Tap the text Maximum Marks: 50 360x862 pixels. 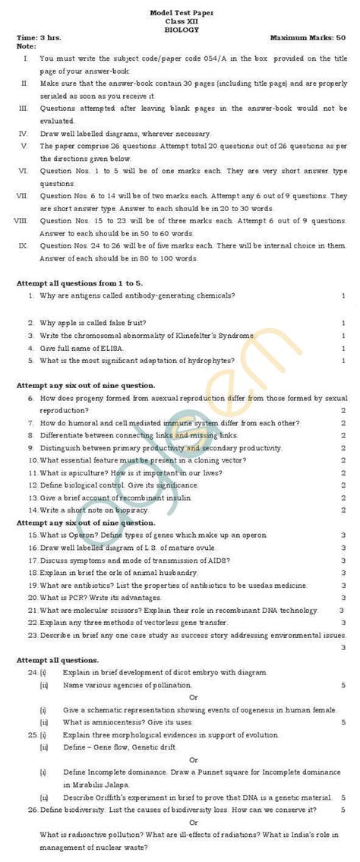pyautogui.click(x=308, y=36)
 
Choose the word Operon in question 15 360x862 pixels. pyautogui.click(x=77, y=535)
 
